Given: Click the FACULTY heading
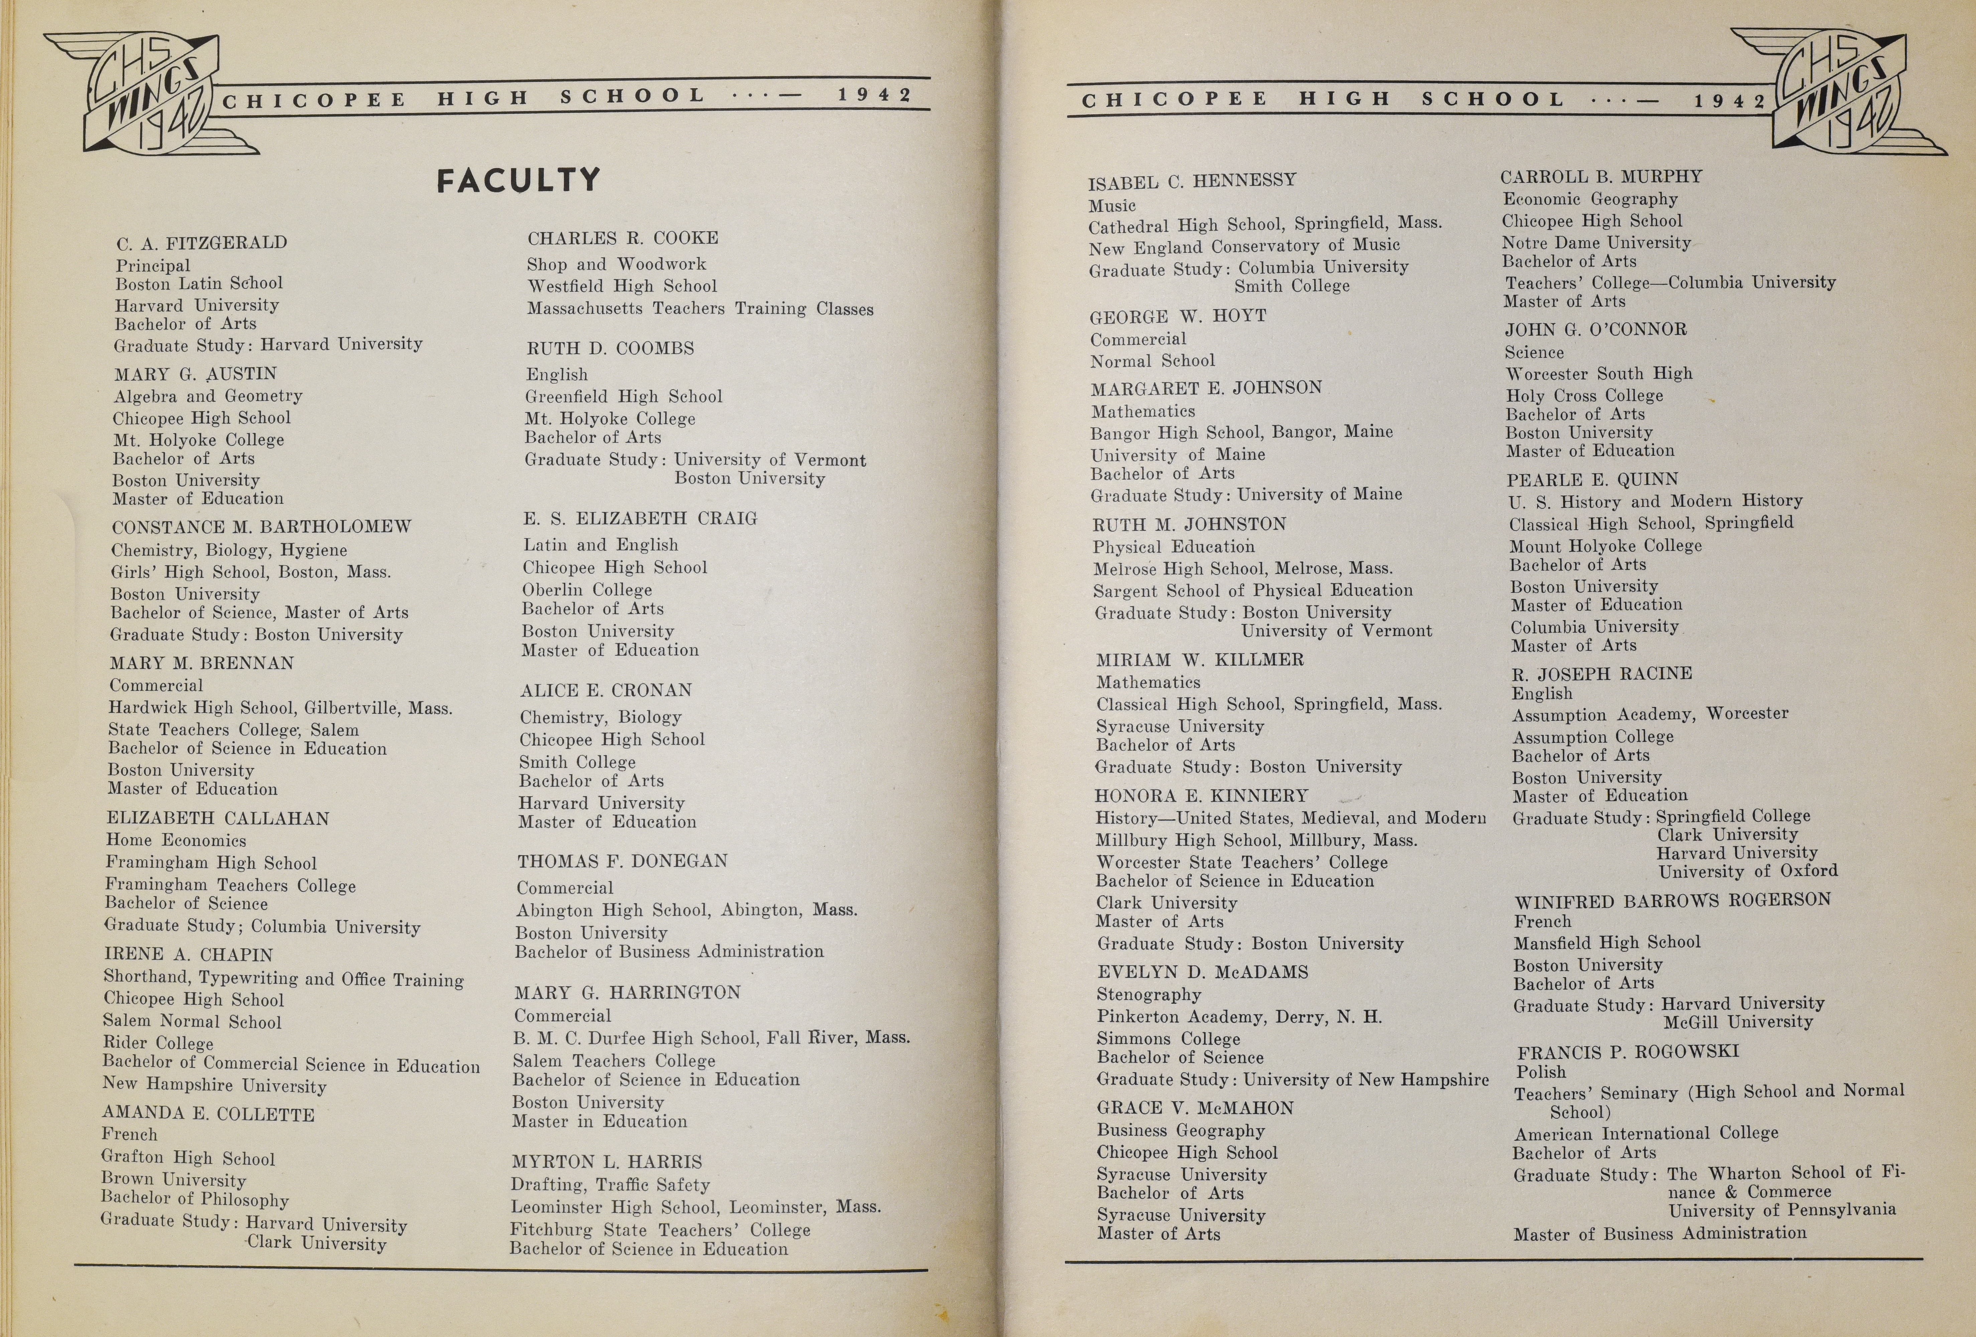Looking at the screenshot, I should [x=519, y=180].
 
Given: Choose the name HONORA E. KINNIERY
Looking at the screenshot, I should [x=1202, y=796].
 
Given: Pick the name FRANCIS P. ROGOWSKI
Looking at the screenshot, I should [x=1628, y=1052].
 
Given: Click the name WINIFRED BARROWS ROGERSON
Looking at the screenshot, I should [x=1673, y=900].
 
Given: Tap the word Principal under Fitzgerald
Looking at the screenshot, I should [x=153, y=265].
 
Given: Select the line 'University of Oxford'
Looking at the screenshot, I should [x=1747, y=871].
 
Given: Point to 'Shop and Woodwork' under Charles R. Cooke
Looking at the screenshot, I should [x=616, y=264].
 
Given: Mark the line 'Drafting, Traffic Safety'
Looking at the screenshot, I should [x=610, y=1185].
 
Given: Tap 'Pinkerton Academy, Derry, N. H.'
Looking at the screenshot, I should [x=1239, y=1017].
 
